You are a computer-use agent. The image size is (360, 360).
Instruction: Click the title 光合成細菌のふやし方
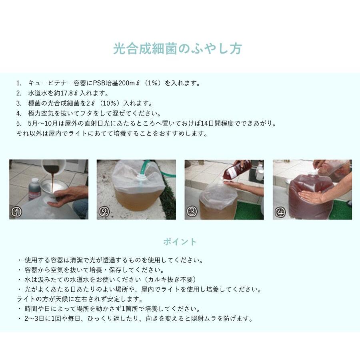[177, 49]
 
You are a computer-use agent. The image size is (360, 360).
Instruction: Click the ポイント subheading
[180, 242]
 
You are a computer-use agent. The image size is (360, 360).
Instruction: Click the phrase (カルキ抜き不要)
[170, 280]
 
